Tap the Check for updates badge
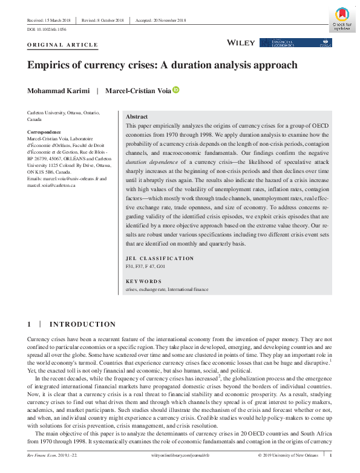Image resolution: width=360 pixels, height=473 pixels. coord(342,19)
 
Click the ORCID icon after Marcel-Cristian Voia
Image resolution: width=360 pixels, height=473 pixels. coord(176,90)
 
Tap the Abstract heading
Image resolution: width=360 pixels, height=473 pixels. coord(136,116)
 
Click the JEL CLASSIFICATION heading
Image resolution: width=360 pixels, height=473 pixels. coord(159,258)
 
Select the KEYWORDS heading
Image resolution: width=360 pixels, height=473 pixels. coord(143,281)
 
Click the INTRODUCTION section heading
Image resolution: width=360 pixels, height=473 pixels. coord(82,325)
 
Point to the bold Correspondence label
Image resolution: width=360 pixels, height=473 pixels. coord(44,132)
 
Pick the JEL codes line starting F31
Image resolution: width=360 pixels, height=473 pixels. coord(145,266)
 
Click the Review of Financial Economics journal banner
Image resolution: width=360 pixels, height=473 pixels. coord(296,42)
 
